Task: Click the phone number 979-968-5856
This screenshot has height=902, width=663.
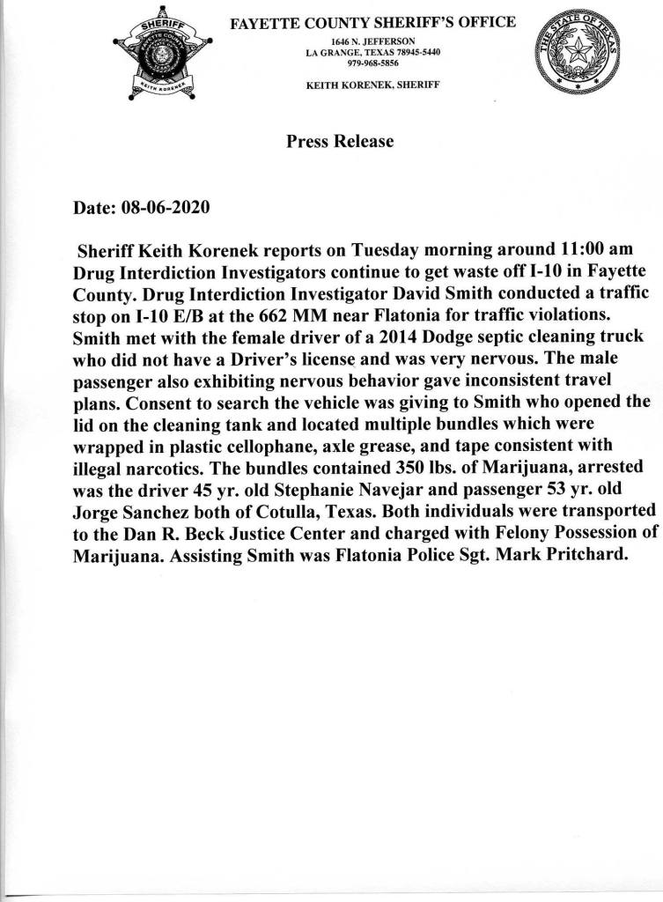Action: [373, 64]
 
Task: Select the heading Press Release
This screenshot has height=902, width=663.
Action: [340, 141]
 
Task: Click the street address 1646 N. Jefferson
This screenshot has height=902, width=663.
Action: [373, 41]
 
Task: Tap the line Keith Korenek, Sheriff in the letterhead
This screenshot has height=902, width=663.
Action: [373, 85]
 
